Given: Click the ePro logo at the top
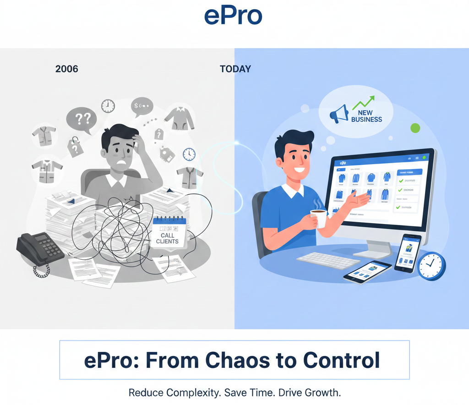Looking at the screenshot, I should tap(233, 16).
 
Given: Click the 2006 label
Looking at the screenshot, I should tap(67, 69).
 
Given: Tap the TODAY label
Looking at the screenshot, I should tap(235, 69).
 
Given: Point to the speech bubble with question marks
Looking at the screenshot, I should tap(82, 119).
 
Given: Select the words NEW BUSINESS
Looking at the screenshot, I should tap(366, 116).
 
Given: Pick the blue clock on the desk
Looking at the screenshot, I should tap(431, 266).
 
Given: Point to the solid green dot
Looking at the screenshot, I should tap(415, 128).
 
